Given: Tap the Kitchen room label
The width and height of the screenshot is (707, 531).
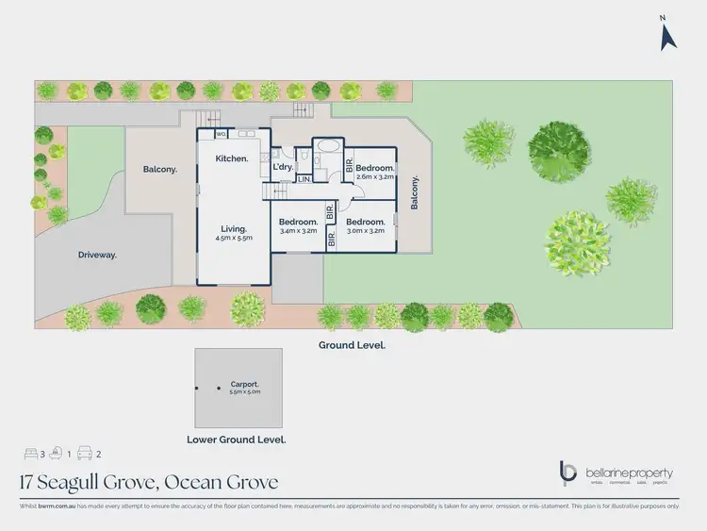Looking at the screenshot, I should [231, 158].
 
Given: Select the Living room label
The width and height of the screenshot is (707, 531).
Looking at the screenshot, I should [233, 229].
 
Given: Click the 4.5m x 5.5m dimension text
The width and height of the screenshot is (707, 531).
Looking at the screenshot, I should [233, 240].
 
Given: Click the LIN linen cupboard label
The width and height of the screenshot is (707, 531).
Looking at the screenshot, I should [304, 178].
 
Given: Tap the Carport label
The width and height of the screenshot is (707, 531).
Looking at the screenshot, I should [243, 385].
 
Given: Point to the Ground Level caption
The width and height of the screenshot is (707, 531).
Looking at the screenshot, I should [352, 345].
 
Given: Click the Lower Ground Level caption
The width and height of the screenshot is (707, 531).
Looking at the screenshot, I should [236, 440].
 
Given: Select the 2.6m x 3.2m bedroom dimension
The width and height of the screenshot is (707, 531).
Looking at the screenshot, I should [374, 176].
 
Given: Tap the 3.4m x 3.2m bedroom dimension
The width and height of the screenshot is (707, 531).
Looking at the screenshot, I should [299, 230].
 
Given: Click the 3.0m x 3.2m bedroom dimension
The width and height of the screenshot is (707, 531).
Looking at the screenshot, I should [365, 230].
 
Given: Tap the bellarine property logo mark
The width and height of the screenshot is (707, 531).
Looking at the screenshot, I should [567, 472].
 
